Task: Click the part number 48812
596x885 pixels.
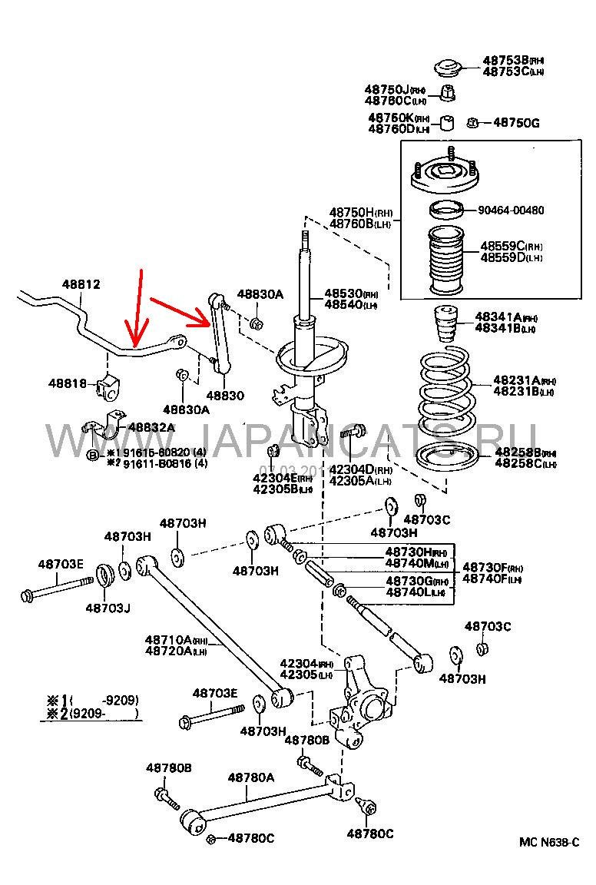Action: (x=81, y=285)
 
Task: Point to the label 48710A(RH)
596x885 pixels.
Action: (x=177, y=640)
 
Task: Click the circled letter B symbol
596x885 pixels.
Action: (x=92, y=456)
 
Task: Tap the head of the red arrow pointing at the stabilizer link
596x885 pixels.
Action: (x=209, y=320)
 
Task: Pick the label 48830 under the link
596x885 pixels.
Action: (x=224, y=395)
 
